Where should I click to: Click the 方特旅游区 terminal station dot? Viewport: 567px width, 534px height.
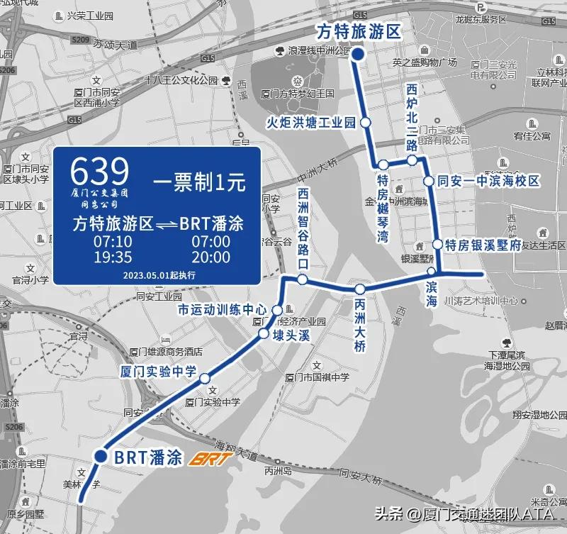(x=359, y=55)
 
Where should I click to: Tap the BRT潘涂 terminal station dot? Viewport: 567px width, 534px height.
(x=101, y=457)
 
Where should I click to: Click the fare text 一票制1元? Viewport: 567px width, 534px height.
(x=199, y=182)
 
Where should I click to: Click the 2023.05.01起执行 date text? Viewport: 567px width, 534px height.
(x=159, y=274)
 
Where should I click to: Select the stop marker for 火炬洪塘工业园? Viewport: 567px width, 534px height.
(x=366, y=123)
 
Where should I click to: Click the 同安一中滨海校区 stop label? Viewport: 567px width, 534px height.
(x=488, y=182)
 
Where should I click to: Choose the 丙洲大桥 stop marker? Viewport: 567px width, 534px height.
(x=360, y=289)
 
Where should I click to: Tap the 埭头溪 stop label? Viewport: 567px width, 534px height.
(x=292, y=335)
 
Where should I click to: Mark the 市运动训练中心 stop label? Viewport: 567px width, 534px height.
(x=221, y=310)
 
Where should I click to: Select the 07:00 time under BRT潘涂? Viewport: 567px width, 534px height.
(x=211, y=241)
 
